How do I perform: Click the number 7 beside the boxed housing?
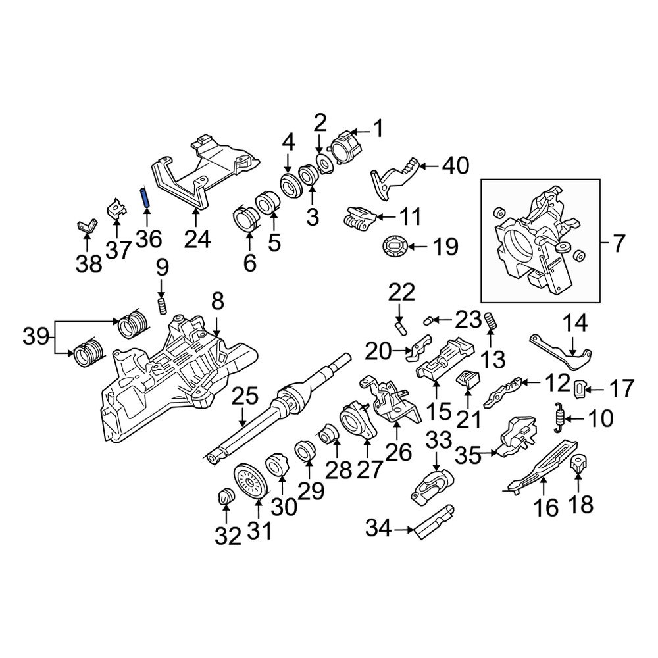[619, 244]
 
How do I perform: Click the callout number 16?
[547, 507]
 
